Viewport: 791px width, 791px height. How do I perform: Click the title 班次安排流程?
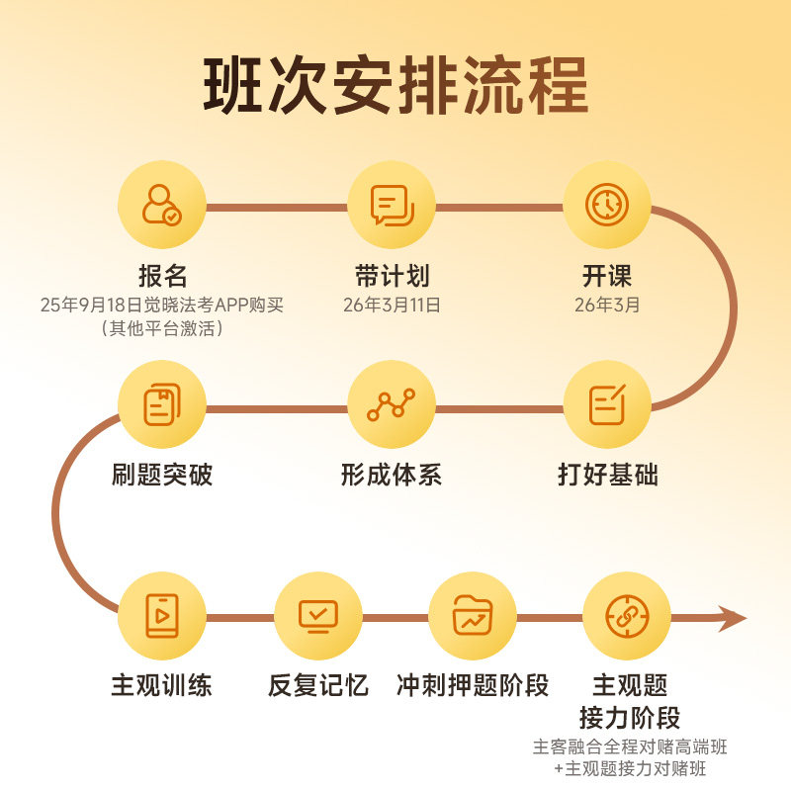click(395, 87)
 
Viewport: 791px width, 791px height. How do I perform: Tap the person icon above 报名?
click(161, 205)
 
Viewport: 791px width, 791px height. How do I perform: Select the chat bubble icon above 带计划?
click(392, 205)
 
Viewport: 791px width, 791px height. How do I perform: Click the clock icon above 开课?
click(606, 205)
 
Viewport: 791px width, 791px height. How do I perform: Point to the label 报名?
click(162, 275)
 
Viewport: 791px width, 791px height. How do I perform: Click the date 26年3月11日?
click(392, 305)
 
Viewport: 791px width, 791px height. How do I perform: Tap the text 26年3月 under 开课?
click(607, 305)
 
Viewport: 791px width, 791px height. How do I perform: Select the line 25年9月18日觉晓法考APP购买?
click(162, 305)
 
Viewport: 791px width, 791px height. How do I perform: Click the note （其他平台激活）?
click(162, 328)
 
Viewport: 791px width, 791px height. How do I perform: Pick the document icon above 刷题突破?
click(161, 404)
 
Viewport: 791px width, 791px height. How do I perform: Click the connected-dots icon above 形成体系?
click(392, 404)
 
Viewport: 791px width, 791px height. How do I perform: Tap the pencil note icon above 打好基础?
click(606, 404)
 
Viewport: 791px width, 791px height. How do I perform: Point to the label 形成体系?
click(392, 475)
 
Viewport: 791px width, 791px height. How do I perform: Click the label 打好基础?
click(607, 475)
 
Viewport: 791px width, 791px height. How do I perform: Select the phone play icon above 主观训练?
click(161, 615)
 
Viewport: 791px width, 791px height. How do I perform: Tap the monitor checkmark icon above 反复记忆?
click(317, 615)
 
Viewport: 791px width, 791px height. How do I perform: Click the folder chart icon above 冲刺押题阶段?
click(473, 615)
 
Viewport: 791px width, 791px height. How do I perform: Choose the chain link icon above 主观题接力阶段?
click(626, 615)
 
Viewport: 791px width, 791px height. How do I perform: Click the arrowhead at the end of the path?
click(733, 618)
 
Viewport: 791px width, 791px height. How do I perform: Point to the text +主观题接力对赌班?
click(630, 768)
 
